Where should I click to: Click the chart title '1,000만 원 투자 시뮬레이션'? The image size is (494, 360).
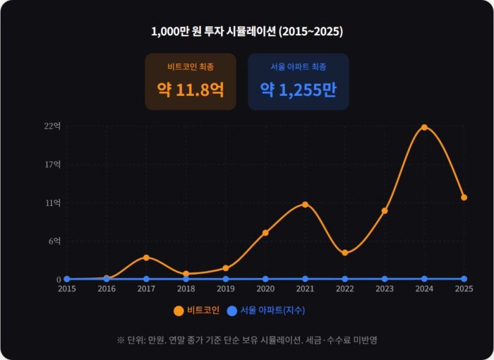[x=247, y=32]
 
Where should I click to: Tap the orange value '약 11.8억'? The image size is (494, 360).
[x=191, y=90]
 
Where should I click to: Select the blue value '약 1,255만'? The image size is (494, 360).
[x=299, y=90]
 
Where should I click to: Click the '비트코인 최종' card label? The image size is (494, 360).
[x=191, y=66]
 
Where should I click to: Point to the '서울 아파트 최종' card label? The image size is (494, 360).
[x=299, y=66]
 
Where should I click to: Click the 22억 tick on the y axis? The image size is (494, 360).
[x=53, y=126]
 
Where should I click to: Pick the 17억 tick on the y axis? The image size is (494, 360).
[x=53, y=164]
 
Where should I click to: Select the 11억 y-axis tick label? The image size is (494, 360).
[x=53, y=203]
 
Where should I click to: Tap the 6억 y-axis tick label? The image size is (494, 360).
[x=54, y=241]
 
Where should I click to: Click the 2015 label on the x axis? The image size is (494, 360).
[x=67, y=289]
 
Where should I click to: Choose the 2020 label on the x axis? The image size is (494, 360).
[x=265, y=289]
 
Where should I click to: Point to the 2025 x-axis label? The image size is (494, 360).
[x=464, y=289]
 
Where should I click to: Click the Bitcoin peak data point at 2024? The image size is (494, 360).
[x=424, y=127]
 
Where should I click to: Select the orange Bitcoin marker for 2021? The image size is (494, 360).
[x=305, y=205]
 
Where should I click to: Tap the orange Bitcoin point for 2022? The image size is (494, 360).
[x=344, y=252]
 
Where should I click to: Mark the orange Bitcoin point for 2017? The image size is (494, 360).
[x=146, y=257]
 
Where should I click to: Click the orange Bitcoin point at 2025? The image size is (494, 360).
[x=464, y=198]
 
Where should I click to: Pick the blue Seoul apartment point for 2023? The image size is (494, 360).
[x=385, y=279]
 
